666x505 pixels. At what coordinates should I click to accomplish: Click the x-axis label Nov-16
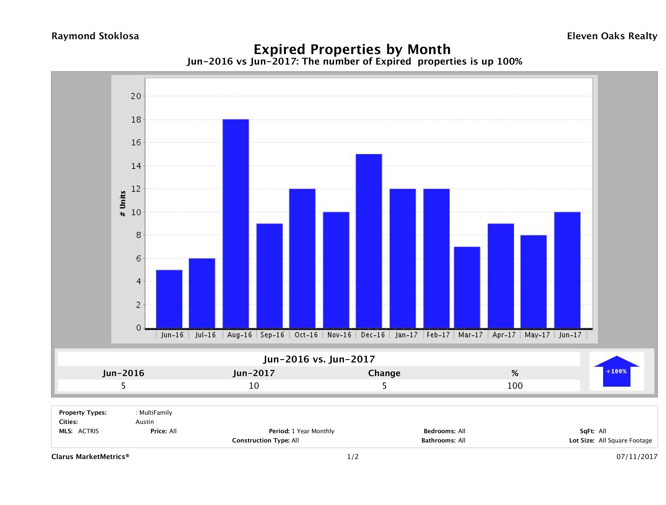339,335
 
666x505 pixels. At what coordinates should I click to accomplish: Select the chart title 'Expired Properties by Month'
352,49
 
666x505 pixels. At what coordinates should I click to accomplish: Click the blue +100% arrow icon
616,371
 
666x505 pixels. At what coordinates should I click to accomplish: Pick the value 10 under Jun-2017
254,386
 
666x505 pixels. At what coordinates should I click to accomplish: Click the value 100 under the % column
515,386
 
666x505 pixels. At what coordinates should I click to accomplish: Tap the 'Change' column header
384,373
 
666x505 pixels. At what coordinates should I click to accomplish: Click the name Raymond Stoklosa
95,36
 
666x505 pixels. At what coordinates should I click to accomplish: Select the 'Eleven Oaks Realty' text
612,36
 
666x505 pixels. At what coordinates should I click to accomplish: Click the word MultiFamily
156,413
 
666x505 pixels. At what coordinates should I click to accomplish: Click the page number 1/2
353,457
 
